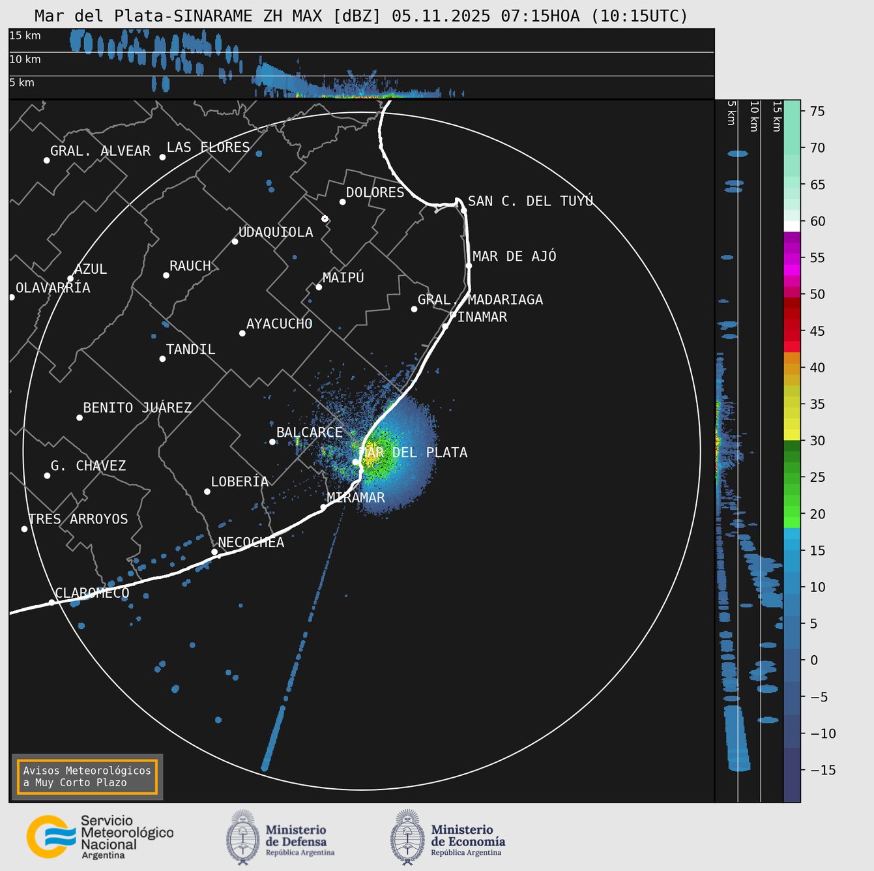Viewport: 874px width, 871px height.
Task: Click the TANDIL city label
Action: pyautogui.click(x=190, y=349)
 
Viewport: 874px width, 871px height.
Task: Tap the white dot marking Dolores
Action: pyautogui.click(x=342, y=201)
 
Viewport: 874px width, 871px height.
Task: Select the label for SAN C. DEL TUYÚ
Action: pyautogui.click(x=531, y=201)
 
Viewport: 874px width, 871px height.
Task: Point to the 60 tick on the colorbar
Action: pyautogui.click(x=817, y=222)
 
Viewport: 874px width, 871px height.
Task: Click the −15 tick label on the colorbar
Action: pyautogui.click(x=823, y=770)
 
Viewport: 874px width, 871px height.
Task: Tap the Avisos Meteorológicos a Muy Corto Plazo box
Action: pyautogui.click(x=87, y=776)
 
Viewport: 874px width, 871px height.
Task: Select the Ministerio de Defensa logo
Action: pyautogui.click(x=281, y=837)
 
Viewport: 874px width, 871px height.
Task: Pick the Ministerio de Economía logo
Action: pyautogui.click(x=448, y=837)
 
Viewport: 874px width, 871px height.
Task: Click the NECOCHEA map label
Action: pyautogui.click(x=251, y=542)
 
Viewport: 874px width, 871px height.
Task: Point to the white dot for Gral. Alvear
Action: pyautogui.click(x=46, y=160)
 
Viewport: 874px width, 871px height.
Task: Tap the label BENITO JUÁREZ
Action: pyautogui.click(x=138, y=408)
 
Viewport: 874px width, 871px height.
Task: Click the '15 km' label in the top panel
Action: pyautogui.click(x=25, y=36)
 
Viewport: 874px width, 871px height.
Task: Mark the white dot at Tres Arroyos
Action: pyautogui.click(x=24, y=529)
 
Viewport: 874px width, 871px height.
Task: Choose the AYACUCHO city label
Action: pyautogui.click(x=279, y=324)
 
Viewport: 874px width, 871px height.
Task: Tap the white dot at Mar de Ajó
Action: pyautogui.click(x=469, y=265)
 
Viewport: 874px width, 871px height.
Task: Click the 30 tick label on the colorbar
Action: pyautogui.click(x=817, y=441)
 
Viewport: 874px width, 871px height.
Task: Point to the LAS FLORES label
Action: pyautogui.click(x=208, y=147)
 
